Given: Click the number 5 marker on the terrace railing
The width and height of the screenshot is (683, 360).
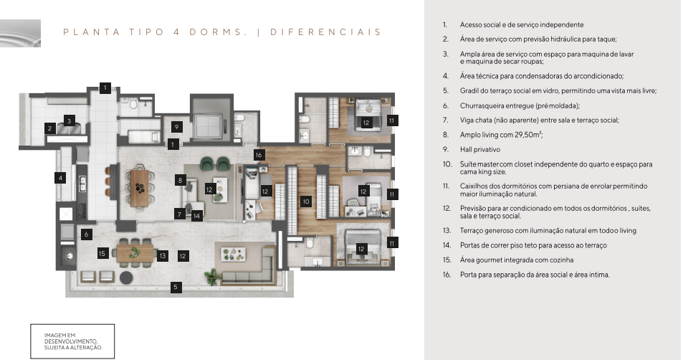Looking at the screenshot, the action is point(176,287).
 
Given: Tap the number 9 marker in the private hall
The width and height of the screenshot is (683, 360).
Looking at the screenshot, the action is point(176,127).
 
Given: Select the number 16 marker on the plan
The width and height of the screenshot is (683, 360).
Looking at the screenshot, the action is point(259,155).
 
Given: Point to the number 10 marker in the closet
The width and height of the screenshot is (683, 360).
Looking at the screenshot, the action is point(306,202).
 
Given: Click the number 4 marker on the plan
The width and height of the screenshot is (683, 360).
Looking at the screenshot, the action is point(60,177).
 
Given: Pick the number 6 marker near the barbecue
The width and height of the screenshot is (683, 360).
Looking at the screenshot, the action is point(86,234).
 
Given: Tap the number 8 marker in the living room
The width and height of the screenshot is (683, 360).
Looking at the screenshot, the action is point(180,179).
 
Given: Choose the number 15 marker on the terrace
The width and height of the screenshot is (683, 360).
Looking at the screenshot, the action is point(102,253).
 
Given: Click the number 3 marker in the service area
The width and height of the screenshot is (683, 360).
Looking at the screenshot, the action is point(69,120).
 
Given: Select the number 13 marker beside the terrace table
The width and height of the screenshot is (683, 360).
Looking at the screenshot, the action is point(163,256).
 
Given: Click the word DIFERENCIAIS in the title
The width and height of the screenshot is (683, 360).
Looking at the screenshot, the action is point(325,32).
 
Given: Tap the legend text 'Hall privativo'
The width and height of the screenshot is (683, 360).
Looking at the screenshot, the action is point(480,149).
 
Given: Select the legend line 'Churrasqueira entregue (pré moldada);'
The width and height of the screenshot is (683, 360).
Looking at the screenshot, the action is point(520,105).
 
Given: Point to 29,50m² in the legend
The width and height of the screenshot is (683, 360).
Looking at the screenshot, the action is point(529,135).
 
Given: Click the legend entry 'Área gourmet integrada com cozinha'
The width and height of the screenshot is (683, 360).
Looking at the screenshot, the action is point(517,260).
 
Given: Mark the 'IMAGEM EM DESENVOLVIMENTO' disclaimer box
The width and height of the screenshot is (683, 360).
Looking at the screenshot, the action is point(72,341).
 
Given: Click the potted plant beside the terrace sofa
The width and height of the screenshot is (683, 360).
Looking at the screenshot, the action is point(212,277).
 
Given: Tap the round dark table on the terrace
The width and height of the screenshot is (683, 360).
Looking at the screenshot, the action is point(126,278).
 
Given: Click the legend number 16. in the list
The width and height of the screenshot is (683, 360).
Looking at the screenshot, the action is point(447,275).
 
